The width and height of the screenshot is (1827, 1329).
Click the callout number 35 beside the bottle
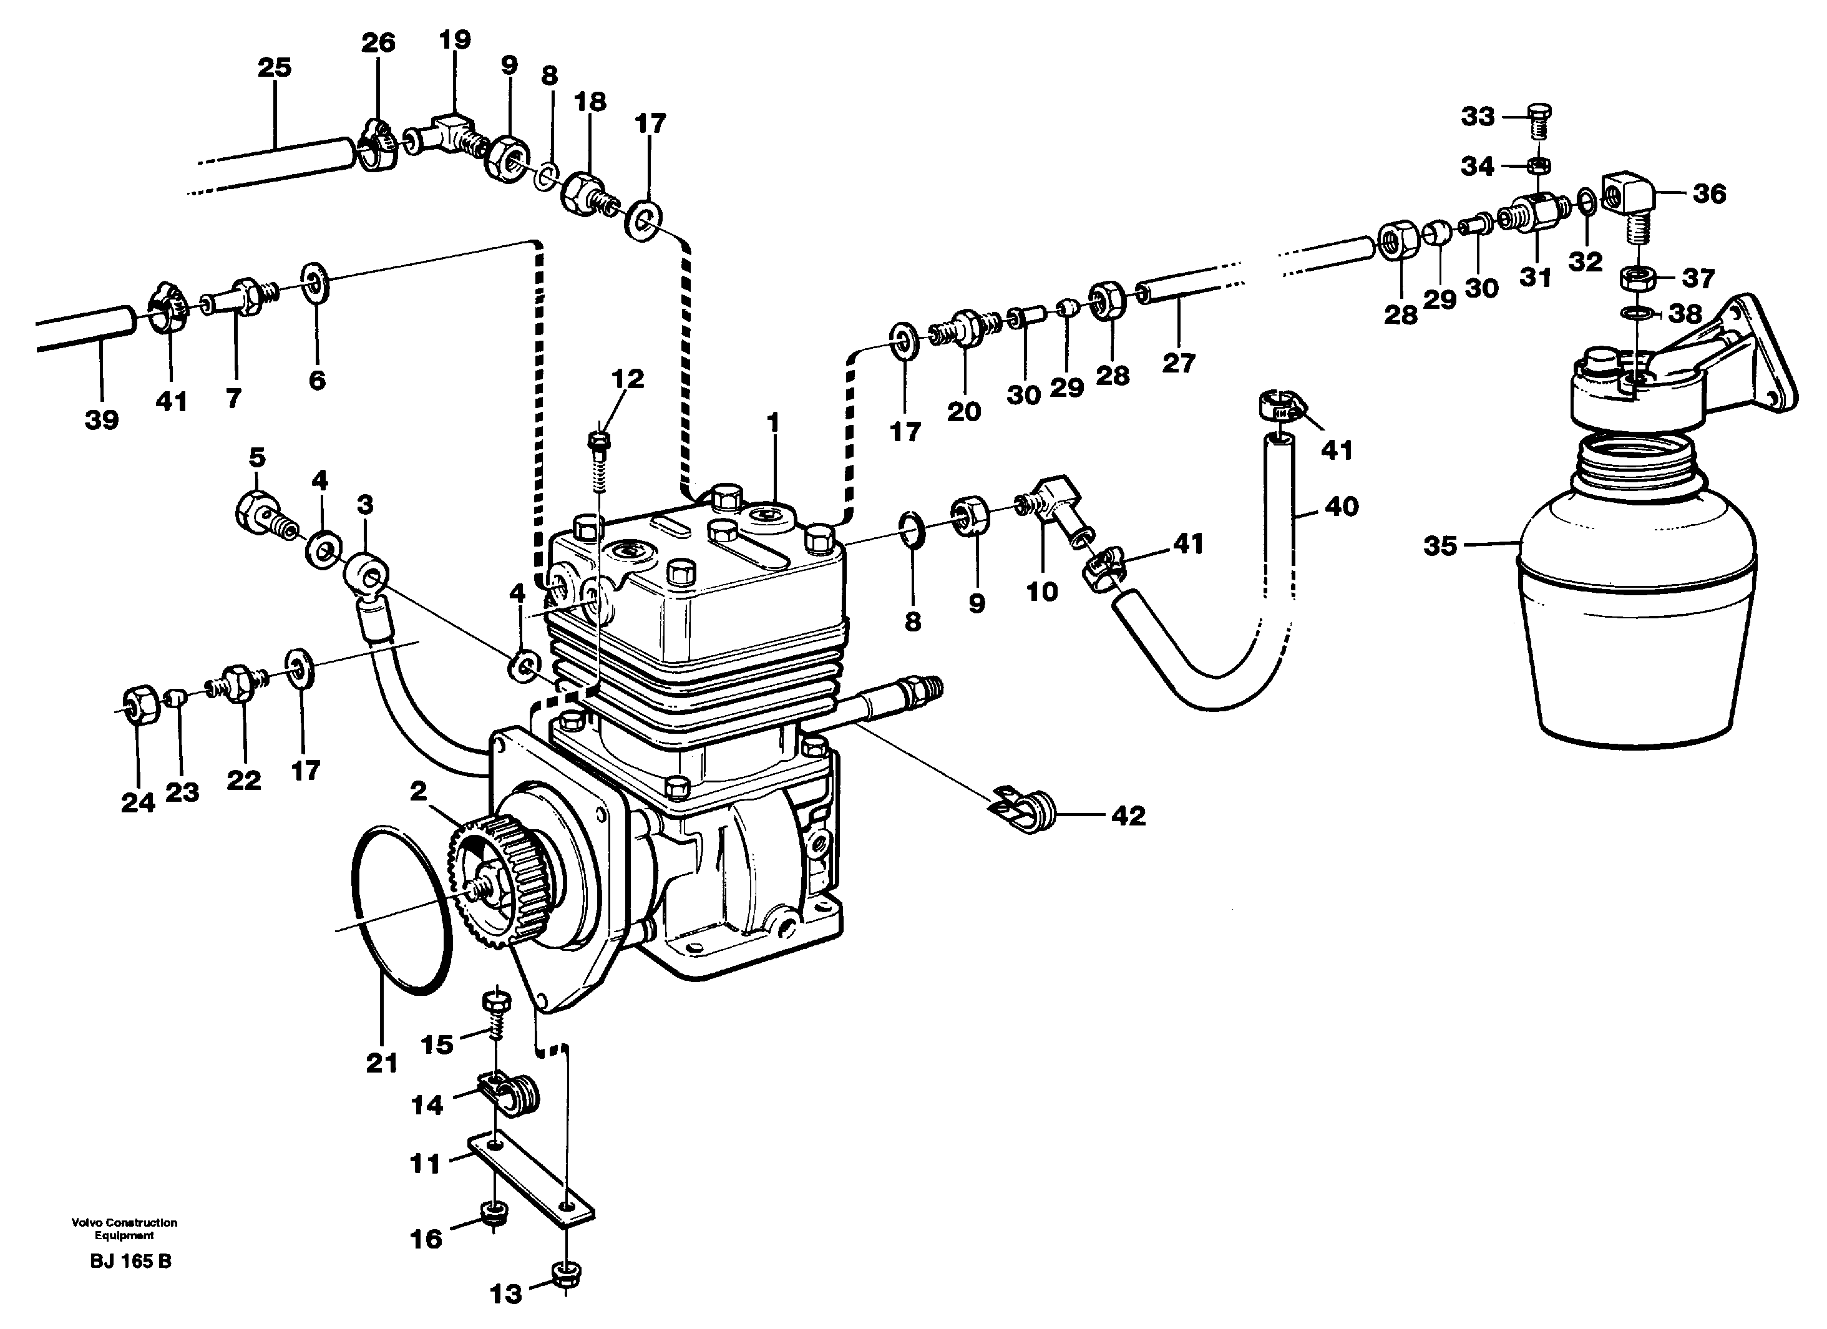click(x=1440, y=546)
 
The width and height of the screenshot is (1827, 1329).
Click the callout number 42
click(x=1128, y=816)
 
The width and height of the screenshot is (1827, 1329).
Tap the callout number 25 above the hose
click(x=274, y=67)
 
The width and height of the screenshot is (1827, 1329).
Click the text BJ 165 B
click(x=130, y=1262)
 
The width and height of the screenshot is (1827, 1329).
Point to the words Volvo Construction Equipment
click(x=124, y=1229)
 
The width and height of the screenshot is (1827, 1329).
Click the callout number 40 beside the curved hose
click(x=1342, y=507)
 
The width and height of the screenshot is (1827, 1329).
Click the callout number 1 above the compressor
click(x=773, y=422)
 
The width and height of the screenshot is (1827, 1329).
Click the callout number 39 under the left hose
click(x=102, y=420)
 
